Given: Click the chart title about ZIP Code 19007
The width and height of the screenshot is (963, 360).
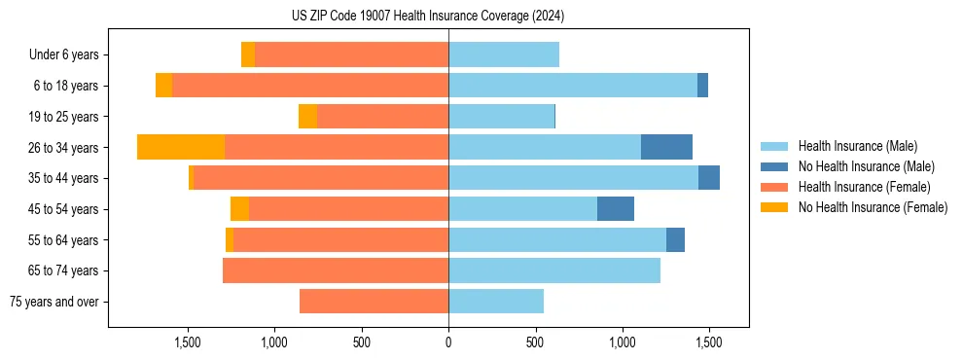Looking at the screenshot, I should click(428, 17).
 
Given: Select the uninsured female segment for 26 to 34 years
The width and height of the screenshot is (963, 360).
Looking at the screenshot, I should click(181, 147).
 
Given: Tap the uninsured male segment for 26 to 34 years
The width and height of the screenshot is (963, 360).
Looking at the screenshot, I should click(666, 147).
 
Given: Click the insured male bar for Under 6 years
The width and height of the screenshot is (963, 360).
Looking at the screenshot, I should click(504, 54).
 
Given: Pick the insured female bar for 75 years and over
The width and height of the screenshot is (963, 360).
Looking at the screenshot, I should click(374, 302).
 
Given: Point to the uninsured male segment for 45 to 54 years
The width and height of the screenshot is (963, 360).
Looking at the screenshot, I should click(616, 209).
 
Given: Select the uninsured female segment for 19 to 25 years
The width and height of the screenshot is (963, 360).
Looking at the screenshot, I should click(307, 117).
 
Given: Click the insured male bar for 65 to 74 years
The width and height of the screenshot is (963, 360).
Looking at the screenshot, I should click(554, 270).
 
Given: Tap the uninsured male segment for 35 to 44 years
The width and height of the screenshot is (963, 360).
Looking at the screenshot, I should click(709, 178).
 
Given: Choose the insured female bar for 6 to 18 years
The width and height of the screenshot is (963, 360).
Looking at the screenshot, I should click(310, 86).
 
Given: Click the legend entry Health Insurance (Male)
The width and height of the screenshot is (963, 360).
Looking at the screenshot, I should click(857, 146).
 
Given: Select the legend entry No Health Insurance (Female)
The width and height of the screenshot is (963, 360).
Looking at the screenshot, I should click(873, 207).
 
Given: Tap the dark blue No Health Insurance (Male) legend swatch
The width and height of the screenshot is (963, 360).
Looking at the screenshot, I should click(775, 166).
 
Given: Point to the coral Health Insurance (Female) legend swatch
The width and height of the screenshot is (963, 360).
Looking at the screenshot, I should click(775, 187).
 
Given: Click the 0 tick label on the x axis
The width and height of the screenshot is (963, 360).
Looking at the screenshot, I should click(448, 342).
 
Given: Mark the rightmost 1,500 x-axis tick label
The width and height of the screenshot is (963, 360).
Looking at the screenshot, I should click(709, 342).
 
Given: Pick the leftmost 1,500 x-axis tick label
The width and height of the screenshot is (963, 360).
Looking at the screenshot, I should click(187, 342).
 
